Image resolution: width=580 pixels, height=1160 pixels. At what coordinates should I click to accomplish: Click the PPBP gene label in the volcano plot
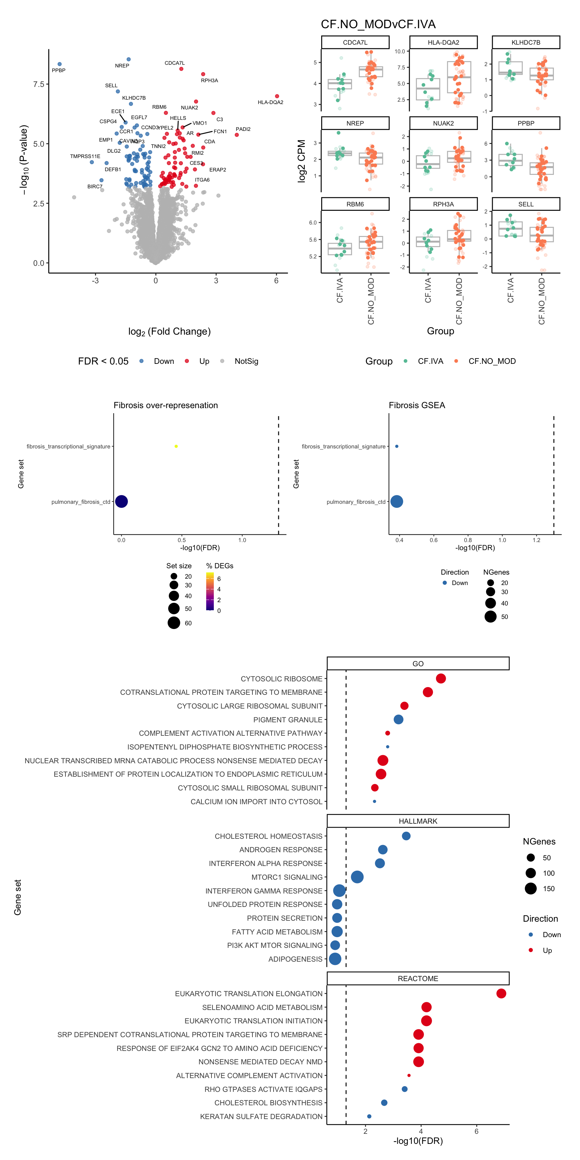(58, 70)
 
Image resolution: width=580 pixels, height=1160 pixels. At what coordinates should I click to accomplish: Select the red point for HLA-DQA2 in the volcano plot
(277, 96)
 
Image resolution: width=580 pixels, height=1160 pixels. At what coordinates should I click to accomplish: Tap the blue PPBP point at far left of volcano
(59, 64)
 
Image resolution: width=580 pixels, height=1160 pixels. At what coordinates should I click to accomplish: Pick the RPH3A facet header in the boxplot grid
(443, 204)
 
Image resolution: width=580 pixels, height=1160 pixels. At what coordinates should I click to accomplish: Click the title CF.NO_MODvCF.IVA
(378, 24)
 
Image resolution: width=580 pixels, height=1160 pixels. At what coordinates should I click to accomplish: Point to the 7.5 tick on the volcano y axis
(39, 84)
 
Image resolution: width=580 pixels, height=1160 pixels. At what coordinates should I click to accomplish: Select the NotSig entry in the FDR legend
(246, 361)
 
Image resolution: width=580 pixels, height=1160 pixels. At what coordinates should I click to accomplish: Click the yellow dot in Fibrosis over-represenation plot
(176, 446)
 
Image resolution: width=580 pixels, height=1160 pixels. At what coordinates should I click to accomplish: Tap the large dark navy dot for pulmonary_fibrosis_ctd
(122, 501)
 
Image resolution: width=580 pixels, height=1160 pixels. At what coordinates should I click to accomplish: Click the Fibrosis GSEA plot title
(417, 405)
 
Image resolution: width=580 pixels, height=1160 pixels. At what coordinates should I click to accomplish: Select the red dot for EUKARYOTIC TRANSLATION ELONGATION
(501, 994)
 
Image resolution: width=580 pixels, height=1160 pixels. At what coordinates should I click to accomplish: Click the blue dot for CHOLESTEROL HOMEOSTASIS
(406, 836)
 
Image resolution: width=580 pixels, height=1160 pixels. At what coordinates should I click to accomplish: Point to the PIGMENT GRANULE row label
(287, 720)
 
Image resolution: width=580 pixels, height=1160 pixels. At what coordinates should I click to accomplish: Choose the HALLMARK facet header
(418, 821)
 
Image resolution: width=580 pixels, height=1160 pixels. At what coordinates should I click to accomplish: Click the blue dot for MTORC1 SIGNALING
(357, 877)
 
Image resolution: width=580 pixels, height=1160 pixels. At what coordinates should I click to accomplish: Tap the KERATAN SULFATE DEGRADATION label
(261, 1116)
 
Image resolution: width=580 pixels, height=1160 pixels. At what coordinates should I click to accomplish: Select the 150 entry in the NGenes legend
(548, 888)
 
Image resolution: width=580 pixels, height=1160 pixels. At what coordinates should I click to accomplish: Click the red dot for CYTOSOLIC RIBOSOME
(440, 679)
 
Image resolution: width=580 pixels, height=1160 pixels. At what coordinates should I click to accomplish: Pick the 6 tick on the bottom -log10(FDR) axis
(476, 1131)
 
